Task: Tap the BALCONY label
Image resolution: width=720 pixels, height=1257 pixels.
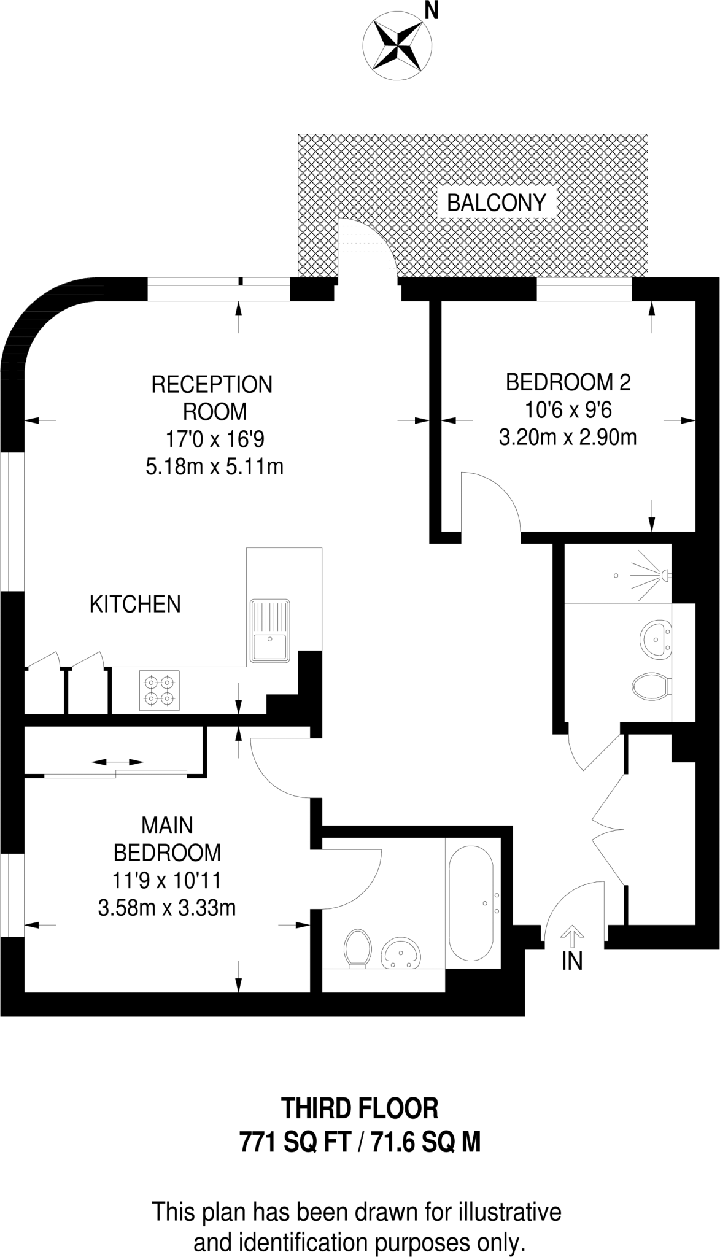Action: (496, 203)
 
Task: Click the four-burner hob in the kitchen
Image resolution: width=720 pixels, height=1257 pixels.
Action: (160, 690)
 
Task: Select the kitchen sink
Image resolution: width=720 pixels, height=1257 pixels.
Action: (269, 630)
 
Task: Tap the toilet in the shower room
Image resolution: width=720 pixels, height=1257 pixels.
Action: (651, 687)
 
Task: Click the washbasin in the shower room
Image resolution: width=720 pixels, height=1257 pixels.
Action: (656, 640)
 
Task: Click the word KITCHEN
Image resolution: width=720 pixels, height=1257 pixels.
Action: (135, 604)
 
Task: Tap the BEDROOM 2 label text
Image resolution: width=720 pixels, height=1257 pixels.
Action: (568, 382)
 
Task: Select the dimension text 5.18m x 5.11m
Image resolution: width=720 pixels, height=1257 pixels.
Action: (214, 467)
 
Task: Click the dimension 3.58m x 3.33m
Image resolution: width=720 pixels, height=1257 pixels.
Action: (167, 907)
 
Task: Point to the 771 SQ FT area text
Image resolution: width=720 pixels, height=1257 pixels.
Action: (294, 1143)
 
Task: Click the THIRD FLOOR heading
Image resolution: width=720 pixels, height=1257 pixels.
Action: (360, 1108)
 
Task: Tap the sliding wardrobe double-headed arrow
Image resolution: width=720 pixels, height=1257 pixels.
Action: (118, 762)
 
